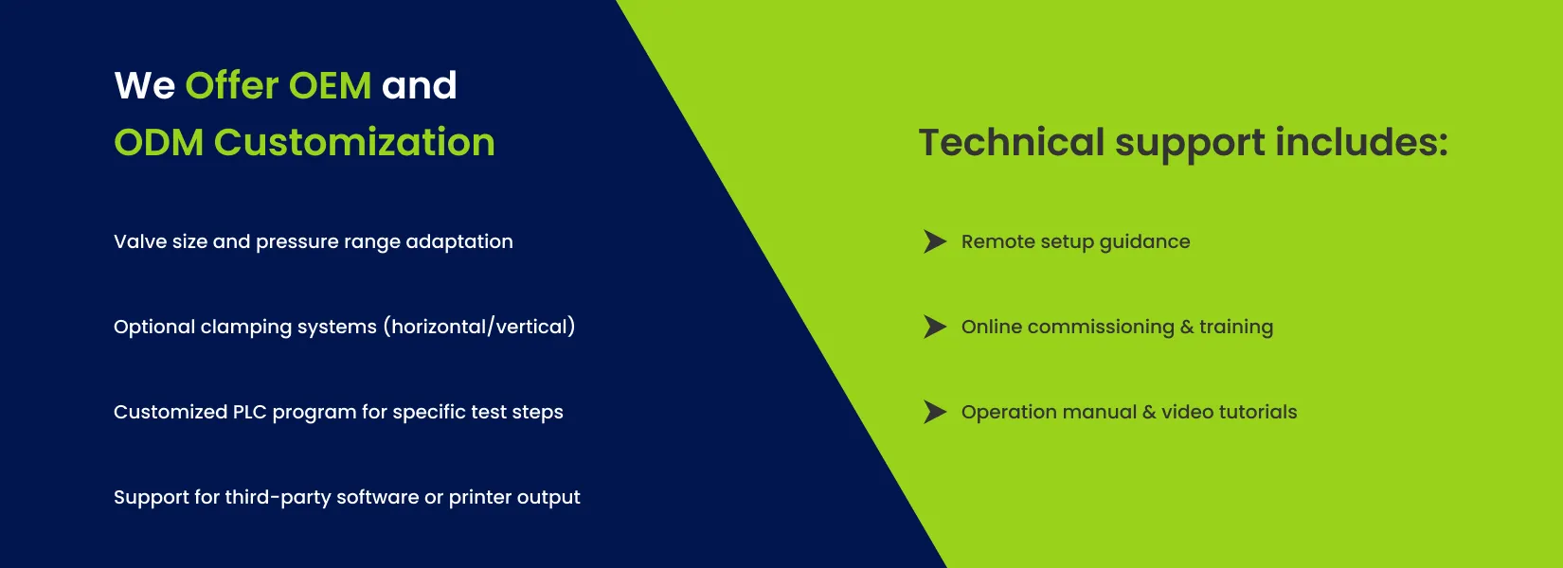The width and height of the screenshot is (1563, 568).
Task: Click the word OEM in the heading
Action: tap(330, 86)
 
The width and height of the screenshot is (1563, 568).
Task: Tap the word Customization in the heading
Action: tap(354, 142)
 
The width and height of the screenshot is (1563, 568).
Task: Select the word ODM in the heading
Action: tap(159, 143)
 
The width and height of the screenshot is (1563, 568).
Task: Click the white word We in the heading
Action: tap(144, 86)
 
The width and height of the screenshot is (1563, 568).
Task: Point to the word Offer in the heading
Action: tap(232, 85)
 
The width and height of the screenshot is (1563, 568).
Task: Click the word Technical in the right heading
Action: tap(1011, 142)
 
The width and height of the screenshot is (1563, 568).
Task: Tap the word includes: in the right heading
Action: tap(1361, 142)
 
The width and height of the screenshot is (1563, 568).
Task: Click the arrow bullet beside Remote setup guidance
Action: tap(935, 241)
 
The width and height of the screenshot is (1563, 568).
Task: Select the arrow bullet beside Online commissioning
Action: tap(935, 327)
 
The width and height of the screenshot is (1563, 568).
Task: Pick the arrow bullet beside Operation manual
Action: tap(935, 412)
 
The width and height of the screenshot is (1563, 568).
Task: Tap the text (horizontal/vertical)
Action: tap(479, 327)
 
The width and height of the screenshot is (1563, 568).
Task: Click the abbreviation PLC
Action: tap(250, 412)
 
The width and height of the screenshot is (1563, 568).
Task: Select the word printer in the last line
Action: tap(478, 498)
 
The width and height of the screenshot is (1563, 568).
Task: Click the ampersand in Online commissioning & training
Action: tap(1187, 327)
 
